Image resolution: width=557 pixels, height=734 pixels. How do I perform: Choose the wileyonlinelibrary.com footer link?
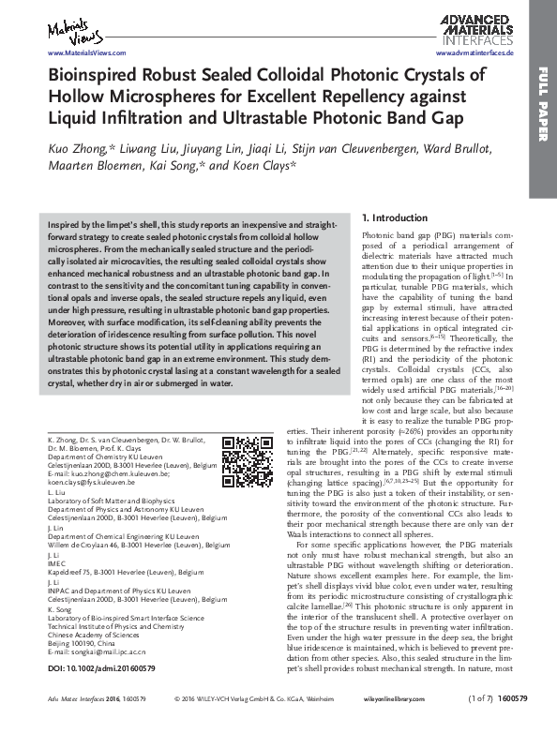(x=422, y=725)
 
